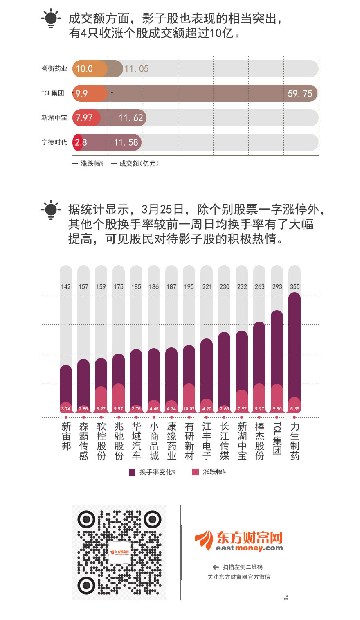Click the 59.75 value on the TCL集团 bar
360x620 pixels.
click(x=299, y=94)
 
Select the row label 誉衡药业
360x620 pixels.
click(x=54, y=69)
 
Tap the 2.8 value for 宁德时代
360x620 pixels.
click(x=81, y=142)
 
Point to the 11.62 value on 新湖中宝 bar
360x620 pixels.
click(x=130, y=118)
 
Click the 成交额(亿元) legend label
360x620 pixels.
click(x=139, y=163)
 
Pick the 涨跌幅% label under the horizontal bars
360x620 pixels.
click(x=92, y=163)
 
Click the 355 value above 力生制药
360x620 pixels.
click(x=295, y=286)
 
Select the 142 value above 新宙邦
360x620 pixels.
click(x=66, y=286)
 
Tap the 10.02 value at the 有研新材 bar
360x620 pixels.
click(x=189, y=409)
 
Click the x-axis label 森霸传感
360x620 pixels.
click(x=84, y=441)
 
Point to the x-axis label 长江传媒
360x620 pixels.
click(x=224, y=441)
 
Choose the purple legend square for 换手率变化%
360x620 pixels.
click(x=132, y=472)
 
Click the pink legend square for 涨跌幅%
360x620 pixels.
click(x=196, y=472)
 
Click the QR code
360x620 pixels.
click(x=119, y=552)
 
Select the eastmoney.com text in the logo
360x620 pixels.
click(x=249, y=548)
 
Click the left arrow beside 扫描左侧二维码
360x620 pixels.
click(x=216, y=567)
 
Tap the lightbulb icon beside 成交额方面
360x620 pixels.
click(x=51, y=18)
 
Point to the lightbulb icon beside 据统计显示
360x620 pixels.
click(x=51, y=210)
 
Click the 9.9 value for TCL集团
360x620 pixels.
click(x=81, y=94)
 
